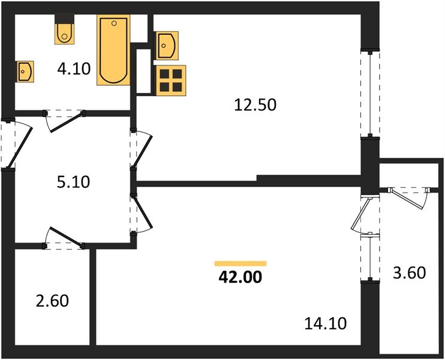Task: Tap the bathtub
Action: point(114,50)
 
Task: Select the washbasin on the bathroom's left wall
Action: point(25,71)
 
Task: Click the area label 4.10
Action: point(73,68)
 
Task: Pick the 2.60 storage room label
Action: point(53,299)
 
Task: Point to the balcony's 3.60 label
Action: point(410,273)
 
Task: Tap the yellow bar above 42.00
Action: point(240,263)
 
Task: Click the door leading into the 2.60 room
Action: point(64,238)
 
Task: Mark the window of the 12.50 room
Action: point(371,94)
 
